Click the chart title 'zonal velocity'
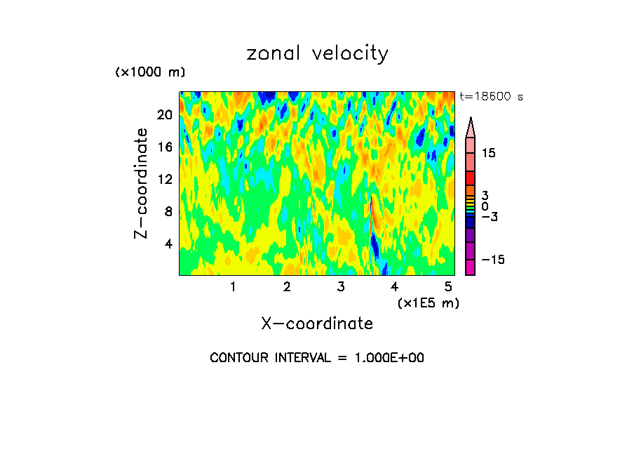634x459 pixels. [317, 53]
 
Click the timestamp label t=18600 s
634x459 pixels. [491, 96]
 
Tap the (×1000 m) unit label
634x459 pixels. [149, 72]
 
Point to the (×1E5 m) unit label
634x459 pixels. [428, 302]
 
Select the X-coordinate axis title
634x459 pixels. [317, 324]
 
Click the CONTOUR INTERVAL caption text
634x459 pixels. [317, 358]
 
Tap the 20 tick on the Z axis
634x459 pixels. [164, 115]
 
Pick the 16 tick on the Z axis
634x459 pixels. [164, 147]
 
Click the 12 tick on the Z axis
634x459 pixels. [164, 180]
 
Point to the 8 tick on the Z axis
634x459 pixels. [168, 211]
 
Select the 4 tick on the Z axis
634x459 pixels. [168, 244]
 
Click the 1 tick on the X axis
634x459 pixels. [233, 286]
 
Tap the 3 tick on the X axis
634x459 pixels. [341, 286]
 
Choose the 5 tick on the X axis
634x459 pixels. [448, 286]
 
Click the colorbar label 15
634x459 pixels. [489, 153]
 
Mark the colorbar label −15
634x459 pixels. [492, 260]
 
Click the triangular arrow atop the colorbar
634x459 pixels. [471, 127]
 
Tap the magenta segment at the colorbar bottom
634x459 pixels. [471, 267]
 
